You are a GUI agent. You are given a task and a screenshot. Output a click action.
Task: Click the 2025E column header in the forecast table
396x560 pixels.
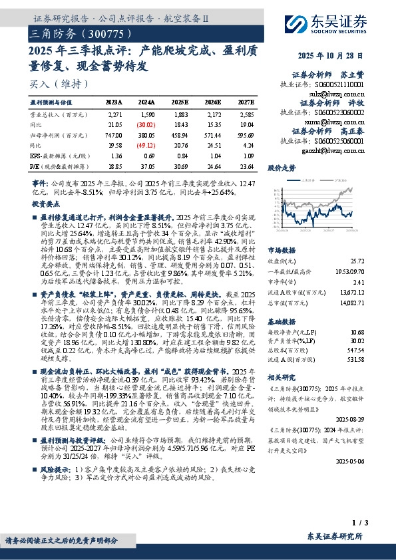(x=180, y=103)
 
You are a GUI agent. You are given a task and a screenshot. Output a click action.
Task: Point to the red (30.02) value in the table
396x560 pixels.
(x=147, y=124)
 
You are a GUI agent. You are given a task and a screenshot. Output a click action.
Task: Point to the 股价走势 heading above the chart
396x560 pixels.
(x=282, y=169)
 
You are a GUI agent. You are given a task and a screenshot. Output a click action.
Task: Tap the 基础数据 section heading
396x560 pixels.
(x=282, y=321)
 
